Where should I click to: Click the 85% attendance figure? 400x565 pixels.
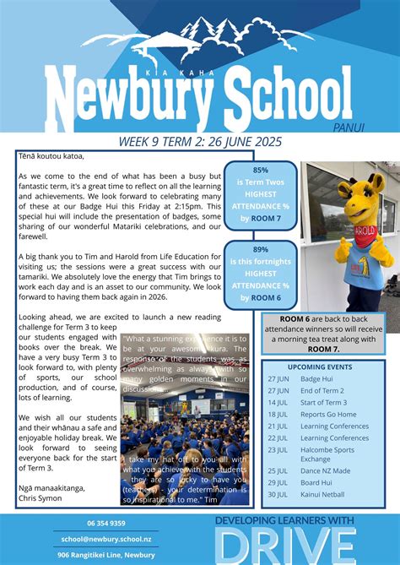click(261, 170)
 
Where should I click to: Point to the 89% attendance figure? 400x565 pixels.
click(261, 250)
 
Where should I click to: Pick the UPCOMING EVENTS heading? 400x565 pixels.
click(320, 367)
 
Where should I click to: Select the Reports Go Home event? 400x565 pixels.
click(328, 415)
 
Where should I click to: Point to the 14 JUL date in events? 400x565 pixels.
click(278, 403)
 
